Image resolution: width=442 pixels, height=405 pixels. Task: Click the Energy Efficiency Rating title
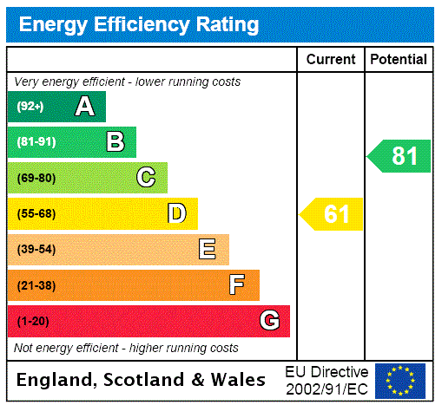click(x=139, y=24)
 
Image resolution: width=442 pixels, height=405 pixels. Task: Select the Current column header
click(x=331, y=60)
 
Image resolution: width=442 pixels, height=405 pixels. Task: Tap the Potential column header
click(x=399, y=60)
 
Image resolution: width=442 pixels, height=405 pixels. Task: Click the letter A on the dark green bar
click(x=84, y=107)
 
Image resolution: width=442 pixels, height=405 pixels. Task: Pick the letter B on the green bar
click(x=115, y=142)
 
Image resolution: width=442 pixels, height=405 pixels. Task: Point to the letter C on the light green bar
click(x=146, y=178)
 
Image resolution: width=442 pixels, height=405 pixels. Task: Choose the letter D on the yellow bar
click(x=177, y=213)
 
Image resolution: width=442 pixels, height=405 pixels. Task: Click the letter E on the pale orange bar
click(x=208, y=250)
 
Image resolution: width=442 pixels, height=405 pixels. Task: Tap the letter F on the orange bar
click(x=237, y=285)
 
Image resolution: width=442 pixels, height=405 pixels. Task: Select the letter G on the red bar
click(x=270, y=321)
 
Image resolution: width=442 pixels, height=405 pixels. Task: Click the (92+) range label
click(x=30, y=108)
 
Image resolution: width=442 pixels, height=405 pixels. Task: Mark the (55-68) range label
click(x=36, y=214)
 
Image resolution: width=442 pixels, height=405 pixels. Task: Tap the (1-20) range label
click(x=33, y=322)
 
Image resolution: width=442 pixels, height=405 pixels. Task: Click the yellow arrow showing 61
click(x=332, y=214)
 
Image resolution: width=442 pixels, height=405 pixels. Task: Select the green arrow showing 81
click(x=399, y=156)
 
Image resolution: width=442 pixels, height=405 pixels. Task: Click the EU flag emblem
click(x=400, y=381)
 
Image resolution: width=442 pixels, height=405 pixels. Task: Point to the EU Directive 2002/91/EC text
click(x=327, y=380)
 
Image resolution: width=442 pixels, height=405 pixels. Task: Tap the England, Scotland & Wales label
click(x=142, y=380)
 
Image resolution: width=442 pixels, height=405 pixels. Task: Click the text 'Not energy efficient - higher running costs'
click(x=127, y=348)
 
